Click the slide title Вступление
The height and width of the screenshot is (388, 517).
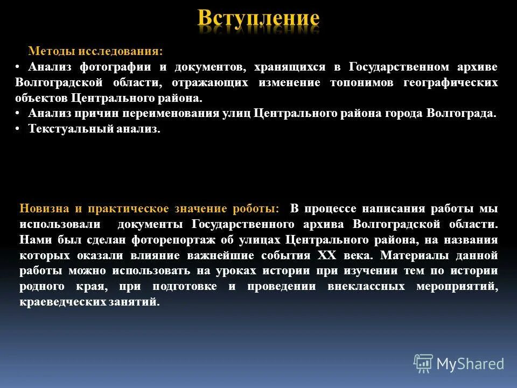click(258, 19)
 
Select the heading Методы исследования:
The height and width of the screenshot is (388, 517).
click(95, 52)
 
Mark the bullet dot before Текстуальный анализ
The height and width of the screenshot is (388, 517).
click(18, 129)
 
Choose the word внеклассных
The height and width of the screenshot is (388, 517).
click(366, 287)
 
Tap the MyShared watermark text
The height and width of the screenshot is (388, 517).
click(470, 364)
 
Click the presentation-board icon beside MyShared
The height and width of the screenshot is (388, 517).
click(423, 364)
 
